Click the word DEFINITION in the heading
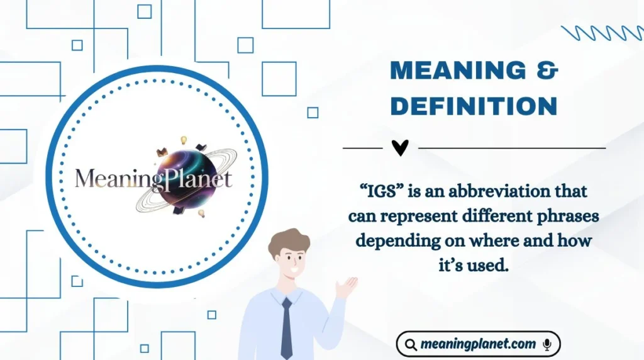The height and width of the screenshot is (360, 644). tap(474, 106)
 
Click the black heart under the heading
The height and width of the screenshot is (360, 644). tap(400, 147)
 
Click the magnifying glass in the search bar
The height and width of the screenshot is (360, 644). tap(411, 345)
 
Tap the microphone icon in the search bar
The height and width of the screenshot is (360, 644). tap(547, 344)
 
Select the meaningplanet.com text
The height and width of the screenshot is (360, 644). tap(477, 344)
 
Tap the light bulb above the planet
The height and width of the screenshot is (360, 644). tap(184, 140)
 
